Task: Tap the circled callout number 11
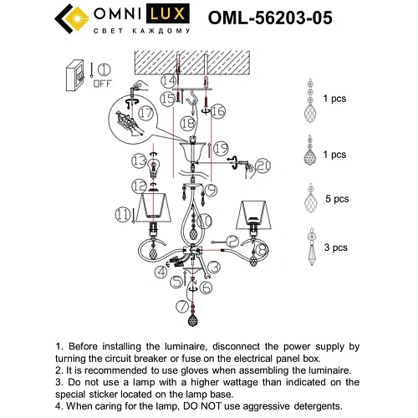[124, 216]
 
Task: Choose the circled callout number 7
[182, 306]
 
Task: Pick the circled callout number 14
[170, 81]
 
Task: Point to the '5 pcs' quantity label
[336, 199]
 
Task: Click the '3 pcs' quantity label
[336, 248]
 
